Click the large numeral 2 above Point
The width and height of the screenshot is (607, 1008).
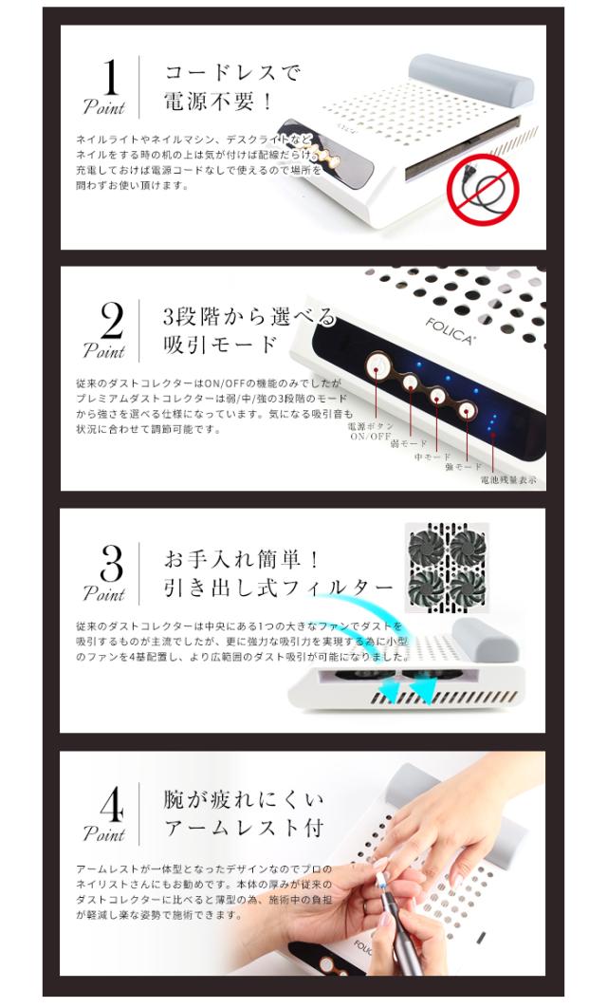111,322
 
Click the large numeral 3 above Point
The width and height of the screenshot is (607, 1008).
111,565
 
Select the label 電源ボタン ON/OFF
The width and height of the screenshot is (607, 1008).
371,432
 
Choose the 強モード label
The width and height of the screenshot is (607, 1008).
464,467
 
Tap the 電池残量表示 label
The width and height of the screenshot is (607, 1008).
508,480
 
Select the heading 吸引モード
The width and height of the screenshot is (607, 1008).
220,345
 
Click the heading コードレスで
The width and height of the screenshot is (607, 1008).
232,71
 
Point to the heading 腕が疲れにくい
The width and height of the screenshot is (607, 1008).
242,799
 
